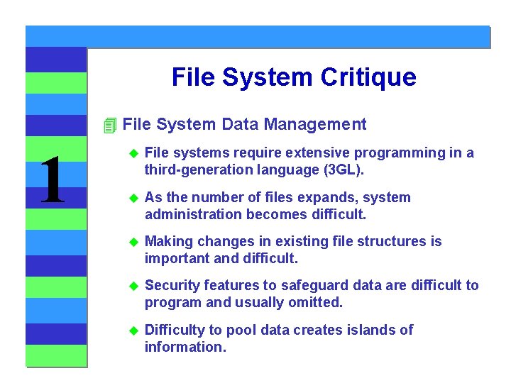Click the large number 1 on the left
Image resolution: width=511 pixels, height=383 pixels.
coord(51,181)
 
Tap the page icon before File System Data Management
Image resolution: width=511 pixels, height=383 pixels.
coord(109,126)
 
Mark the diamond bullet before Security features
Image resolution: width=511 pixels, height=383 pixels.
coord(133,286)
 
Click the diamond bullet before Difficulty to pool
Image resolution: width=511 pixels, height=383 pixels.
coord(133,331)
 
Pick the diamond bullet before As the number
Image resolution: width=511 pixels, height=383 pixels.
coord(133,198)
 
